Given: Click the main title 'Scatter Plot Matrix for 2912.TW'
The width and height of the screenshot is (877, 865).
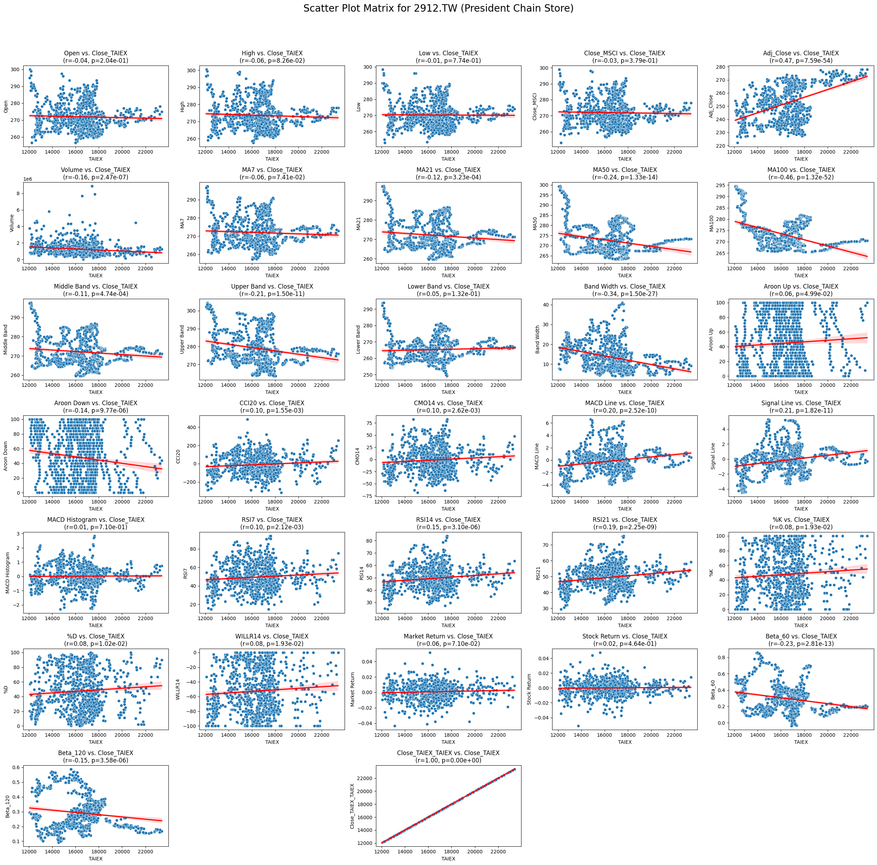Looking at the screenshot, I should pos(438,8).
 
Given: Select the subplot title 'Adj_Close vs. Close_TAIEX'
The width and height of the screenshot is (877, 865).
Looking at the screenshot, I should pos(801,53).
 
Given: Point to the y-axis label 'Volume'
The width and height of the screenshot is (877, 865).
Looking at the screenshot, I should pos(12,223).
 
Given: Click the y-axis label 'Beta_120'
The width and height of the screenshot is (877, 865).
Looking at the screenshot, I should pos(8,807).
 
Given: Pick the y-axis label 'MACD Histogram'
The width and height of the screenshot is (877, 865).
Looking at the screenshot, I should pos(8,573).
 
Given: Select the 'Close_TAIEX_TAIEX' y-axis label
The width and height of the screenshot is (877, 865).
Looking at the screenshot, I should pos(352,807).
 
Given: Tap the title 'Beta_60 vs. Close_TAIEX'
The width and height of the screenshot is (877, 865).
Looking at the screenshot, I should pos(801,636).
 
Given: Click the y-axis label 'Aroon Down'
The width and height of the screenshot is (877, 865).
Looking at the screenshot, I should pos(6,456).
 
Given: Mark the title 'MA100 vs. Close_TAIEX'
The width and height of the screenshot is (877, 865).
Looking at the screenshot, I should pos(801,170).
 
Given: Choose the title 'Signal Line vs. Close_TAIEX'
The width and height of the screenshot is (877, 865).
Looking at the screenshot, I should pos(801,403).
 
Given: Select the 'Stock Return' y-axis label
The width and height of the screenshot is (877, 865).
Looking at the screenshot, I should pos(529,690).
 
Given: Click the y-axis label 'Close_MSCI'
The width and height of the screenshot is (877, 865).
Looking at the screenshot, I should pos(535,107).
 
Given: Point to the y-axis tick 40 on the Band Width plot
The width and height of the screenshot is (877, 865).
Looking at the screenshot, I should pos(543,304).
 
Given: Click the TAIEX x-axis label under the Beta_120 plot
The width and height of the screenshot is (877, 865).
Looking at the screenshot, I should pos(95,859).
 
